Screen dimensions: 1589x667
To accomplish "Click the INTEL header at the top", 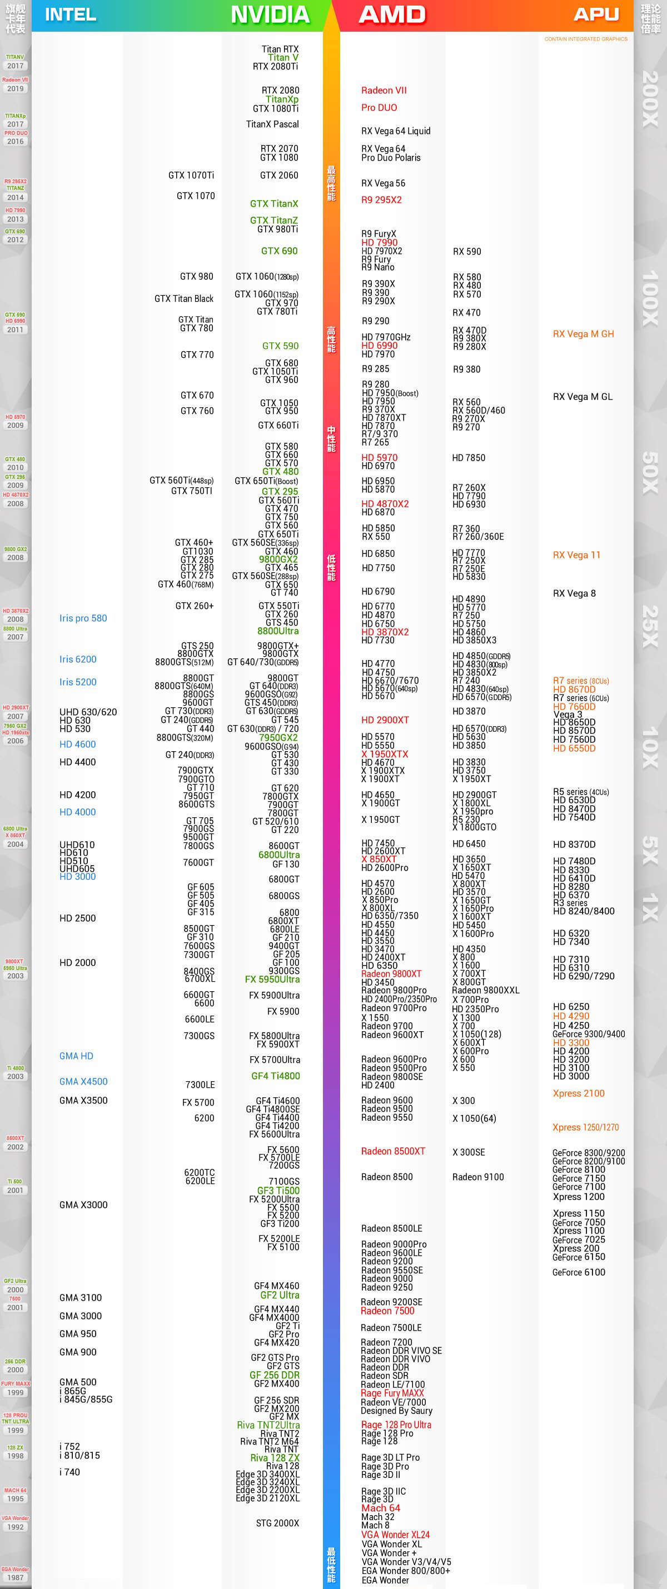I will tap(71, 14).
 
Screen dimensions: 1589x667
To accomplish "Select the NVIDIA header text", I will tap(270, 14).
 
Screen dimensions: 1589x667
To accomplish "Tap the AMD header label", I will tap(392, 14).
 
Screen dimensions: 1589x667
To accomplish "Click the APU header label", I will tap(595, 14).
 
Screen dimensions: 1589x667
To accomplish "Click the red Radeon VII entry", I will tap(384, 90).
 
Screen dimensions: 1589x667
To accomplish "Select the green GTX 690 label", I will tap(279, 251).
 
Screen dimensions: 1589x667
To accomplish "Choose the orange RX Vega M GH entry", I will tap(583, 334).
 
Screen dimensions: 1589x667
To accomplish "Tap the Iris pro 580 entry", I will tap(83, 618).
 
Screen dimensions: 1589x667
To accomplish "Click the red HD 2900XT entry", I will tap(385, 720).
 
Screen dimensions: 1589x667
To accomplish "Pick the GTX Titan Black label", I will tap(184, 298).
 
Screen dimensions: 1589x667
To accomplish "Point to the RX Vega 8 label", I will tap(574, 593).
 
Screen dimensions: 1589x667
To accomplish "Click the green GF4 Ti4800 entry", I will tap(275, 1076).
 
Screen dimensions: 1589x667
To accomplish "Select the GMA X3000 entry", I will tap(83, 1205).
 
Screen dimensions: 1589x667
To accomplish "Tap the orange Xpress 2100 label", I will tap(578, 1093).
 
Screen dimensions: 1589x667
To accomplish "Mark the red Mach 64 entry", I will tap(381, 1507).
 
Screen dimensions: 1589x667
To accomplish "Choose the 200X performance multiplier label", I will tap(650, 99).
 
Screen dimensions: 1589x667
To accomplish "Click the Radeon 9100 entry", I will tap(477, 1177).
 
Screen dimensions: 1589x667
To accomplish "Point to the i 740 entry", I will tap(69, 1472).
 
